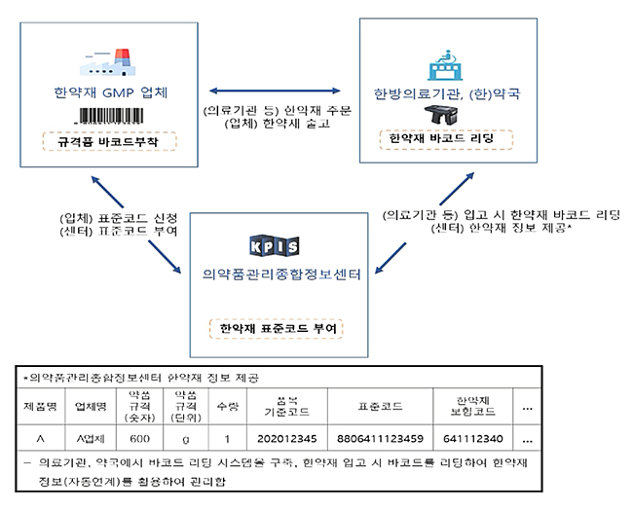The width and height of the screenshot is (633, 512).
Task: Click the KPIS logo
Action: click(x=277, y=243)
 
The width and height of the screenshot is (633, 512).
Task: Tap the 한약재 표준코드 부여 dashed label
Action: click(x=278, y=329)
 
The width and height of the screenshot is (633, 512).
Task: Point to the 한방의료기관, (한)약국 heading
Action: click(x=447, y=94)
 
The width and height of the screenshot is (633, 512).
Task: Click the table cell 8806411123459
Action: click(x=376, y=439)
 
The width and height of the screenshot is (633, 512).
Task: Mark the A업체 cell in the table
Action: click(x=88, y=439)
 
